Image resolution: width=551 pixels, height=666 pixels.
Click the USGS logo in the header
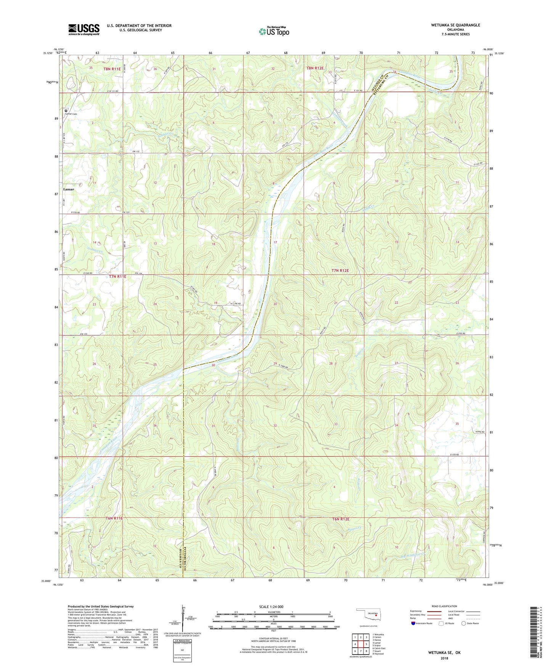pyautogui.click(x=84, y=29)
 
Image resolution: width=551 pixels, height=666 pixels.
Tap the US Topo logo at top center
pyautogui.click(x=273, y=31)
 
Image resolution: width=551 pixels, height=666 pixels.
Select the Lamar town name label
pyautogui.click(x=69, y=189)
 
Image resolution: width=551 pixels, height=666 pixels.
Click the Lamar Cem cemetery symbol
pyautogui.click(x=66, y=111)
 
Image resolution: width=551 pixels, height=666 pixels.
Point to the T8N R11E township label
pyautogui.click(x=112, y=69)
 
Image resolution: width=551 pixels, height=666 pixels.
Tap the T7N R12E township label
pyautogui.click(x=340, y=270)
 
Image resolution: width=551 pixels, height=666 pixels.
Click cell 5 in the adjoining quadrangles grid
pyautogui.click(x=361, y=644)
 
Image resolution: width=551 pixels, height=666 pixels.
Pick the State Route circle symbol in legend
pyautogui.click(x=463, y=623)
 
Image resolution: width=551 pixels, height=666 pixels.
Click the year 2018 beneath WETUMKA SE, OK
pyautogui.click(x=444, y=658)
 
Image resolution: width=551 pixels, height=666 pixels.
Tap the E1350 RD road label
pyautogui.click(x=461, y=334)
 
